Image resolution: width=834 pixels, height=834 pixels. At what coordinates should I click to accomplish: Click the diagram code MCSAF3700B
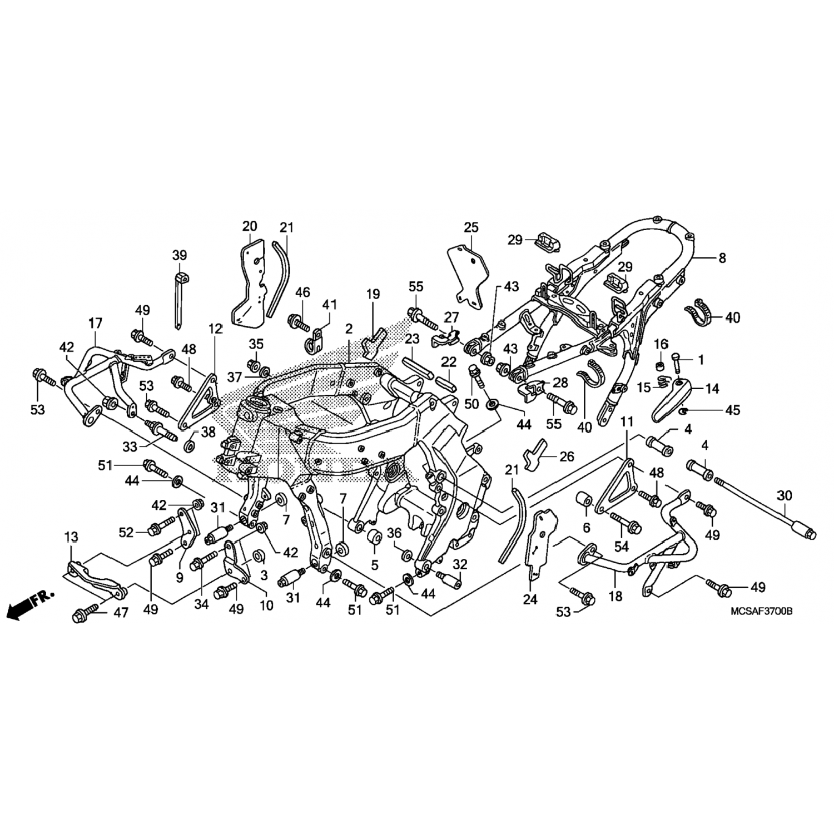(x=762, y=611)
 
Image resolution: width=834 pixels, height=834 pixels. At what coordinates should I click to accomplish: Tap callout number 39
(x=179, y=256)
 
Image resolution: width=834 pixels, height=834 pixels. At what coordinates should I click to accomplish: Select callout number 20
(x=250, y=226)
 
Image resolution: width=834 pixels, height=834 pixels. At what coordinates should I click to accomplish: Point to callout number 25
(x=471, y=227)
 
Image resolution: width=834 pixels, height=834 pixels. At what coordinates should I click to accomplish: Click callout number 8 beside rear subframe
(x=722, y=258)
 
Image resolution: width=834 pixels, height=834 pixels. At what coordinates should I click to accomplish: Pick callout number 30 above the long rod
(x=784, y=495)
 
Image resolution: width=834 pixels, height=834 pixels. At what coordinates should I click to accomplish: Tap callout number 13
(x=71, y=537)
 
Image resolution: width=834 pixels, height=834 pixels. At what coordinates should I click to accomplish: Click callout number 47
(x=121, y=613)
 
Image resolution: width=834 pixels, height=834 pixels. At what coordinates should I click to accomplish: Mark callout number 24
(x=530, y=599)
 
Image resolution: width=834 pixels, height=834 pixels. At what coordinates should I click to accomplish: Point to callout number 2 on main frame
(x=349, y=329)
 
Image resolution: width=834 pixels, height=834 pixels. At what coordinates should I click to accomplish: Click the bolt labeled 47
(x=87, y=613)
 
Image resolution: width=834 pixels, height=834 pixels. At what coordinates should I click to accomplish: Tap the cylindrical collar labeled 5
(x=373, y=539)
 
